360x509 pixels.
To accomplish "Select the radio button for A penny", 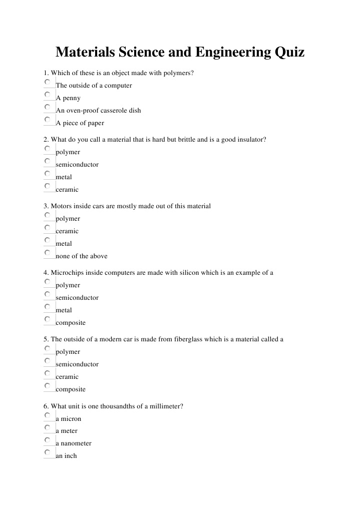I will tap(47, 94).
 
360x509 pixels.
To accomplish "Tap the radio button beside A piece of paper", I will tap(47, 119).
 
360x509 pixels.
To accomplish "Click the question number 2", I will tap(46, 140).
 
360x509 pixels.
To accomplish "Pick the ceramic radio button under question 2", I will tap(47, 186).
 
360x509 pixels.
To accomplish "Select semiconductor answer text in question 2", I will tap(77, 165).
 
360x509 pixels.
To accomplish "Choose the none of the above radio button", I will tap(47, 253).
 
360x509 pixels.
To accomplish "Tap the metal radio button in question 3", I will tap(47, 240).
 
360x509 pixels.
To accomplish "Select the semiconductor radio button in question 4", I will tap(47, 294).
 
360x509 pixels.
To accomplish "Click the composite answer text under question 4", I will tap(71, 323).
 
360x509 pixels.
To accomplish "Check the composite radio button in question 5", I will tap(47, 386).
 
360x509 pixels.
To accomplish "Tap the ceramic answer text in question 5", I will tap(67, 377).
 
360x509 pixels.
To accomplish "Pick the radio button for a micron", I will tap(47, 415).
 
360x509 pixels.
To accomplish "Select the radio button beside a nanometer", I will tap(47, 440).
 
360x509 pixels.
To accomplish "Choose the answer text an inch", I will tap(66, 456).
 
